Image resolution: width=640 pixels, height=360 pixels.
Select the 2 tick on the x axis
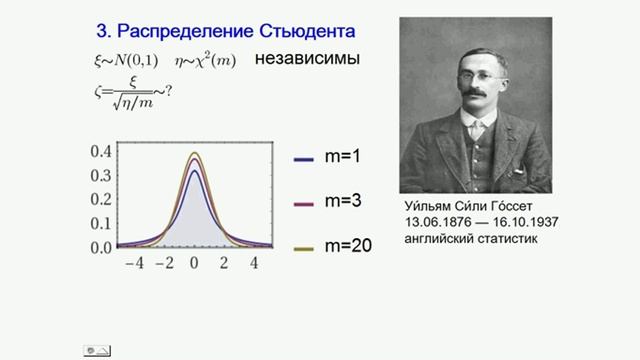coord(225,264)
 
